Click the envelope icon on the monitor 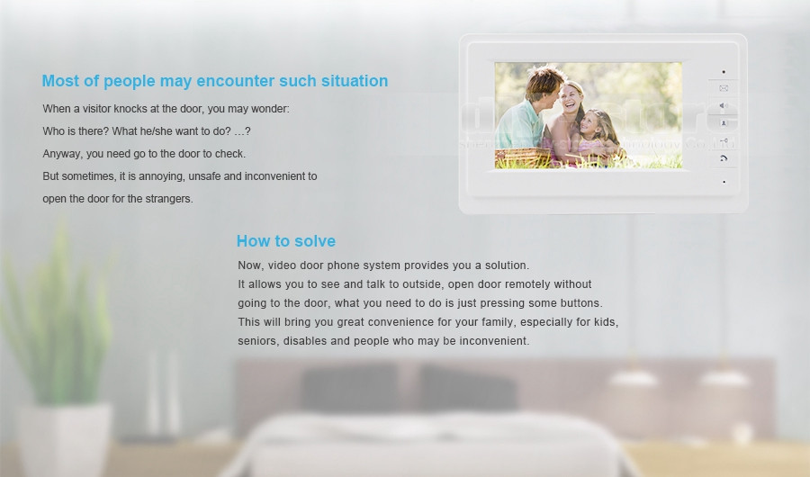(724, 88)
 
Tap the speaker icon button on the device (724, 106)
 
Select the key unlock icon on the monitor (724, 140)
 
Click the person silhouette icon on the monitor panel (724, 123)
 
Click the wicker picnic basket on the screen (522, 157)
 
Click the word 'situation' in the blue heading (355, 81)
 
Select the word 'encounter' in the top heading (235, 81)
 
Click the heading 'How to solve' (285, 241)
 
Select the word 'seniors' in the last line (257, 341)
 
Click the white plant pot (65, 440)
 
